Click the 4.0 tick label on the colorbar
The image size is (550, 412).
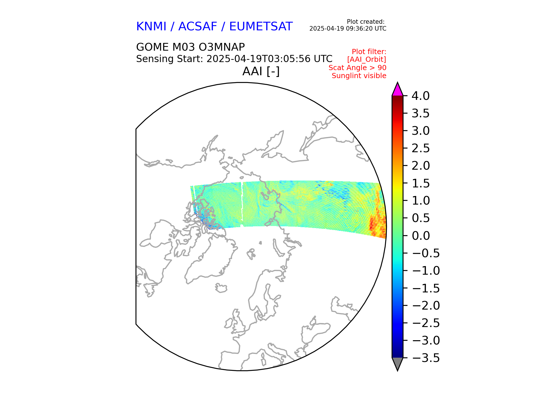click(420, 96)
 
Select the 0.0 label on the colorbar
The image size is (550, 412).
click(421, 236)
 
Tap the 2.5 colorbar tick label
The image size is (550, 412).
click(421, 148)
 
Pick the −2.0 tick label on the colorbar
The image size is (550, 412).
click(426, 306)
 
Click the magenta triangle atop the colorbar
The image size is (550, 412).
click(397, 90)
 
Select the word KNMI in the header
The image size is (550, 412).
click(151, 27)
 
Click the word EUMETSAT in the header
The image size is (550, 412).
click(261, 27)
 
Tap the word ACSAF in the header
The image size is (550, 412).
click(198, 27)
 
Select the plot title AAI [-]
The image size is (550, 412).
click(261, 71)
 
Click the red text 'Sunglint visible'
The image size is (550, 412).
click(359, 76)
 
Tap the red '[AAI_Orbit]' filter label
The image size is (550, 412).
click(366, 60)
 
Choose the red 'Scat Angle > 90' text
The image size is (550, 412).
click(357, 68)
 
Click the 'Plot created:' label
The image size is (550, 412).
click(365, 22)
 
